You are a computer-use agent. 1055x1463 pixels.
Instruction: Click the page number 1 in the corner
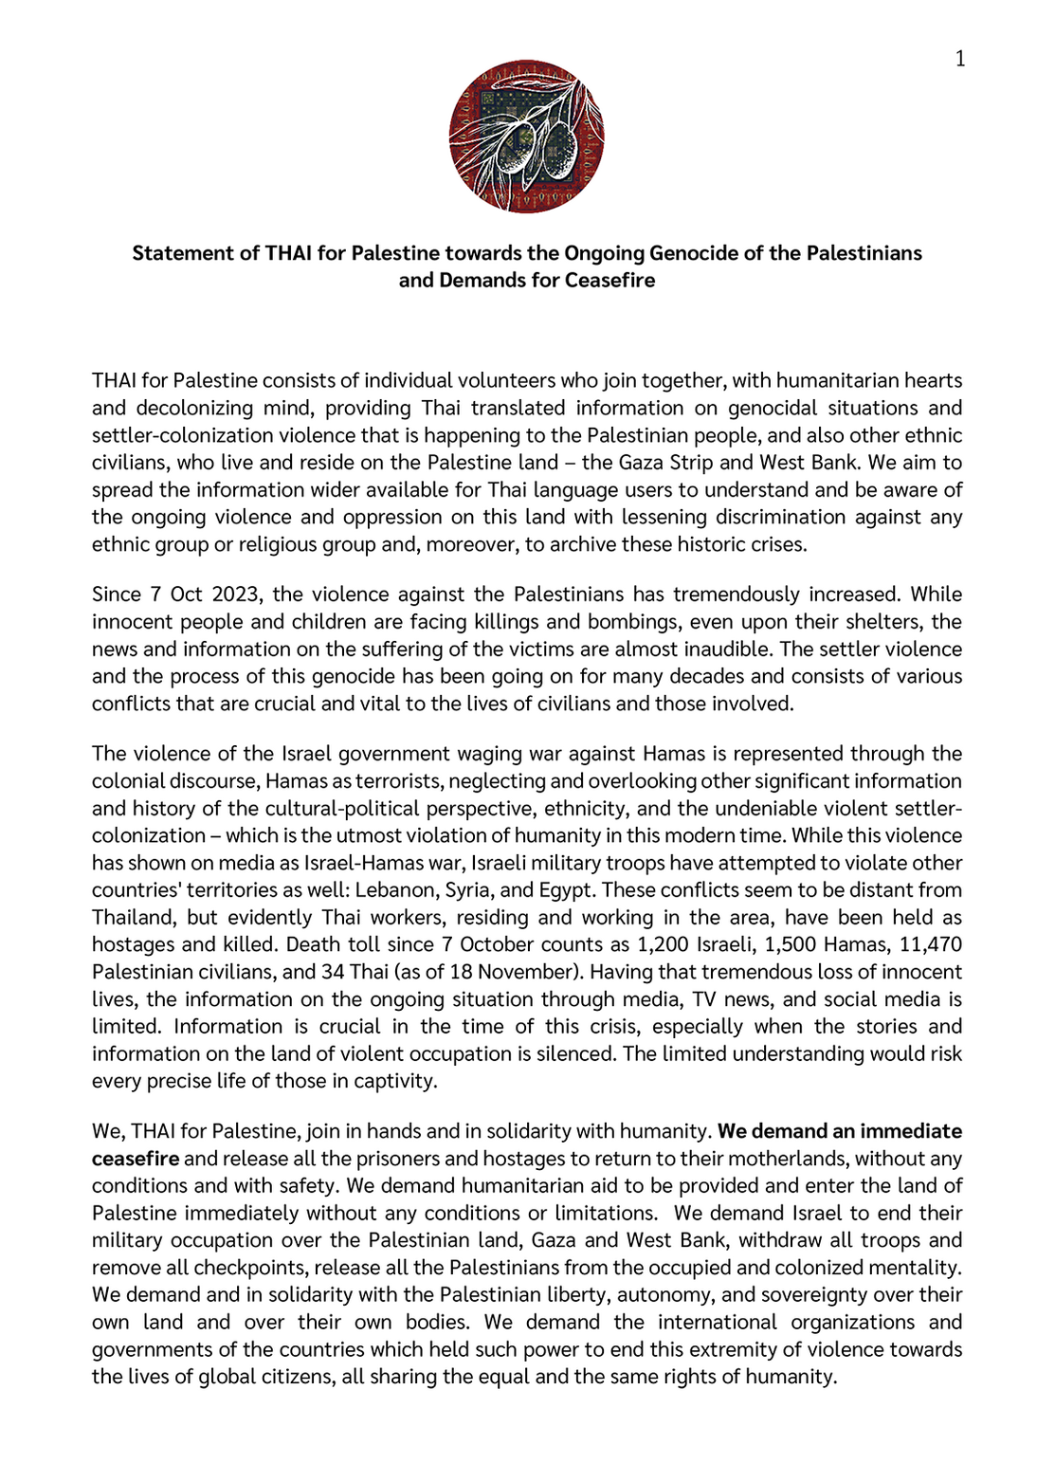(960, 60)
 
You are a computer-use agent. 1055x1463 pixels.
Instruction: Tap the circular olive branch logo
(526, 137)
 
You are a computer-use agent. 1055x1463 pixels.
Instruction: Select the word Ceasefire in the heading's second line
(609, 281)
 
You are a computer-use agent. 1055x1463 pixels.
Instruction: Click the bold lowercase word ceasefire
(135, 1159)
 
